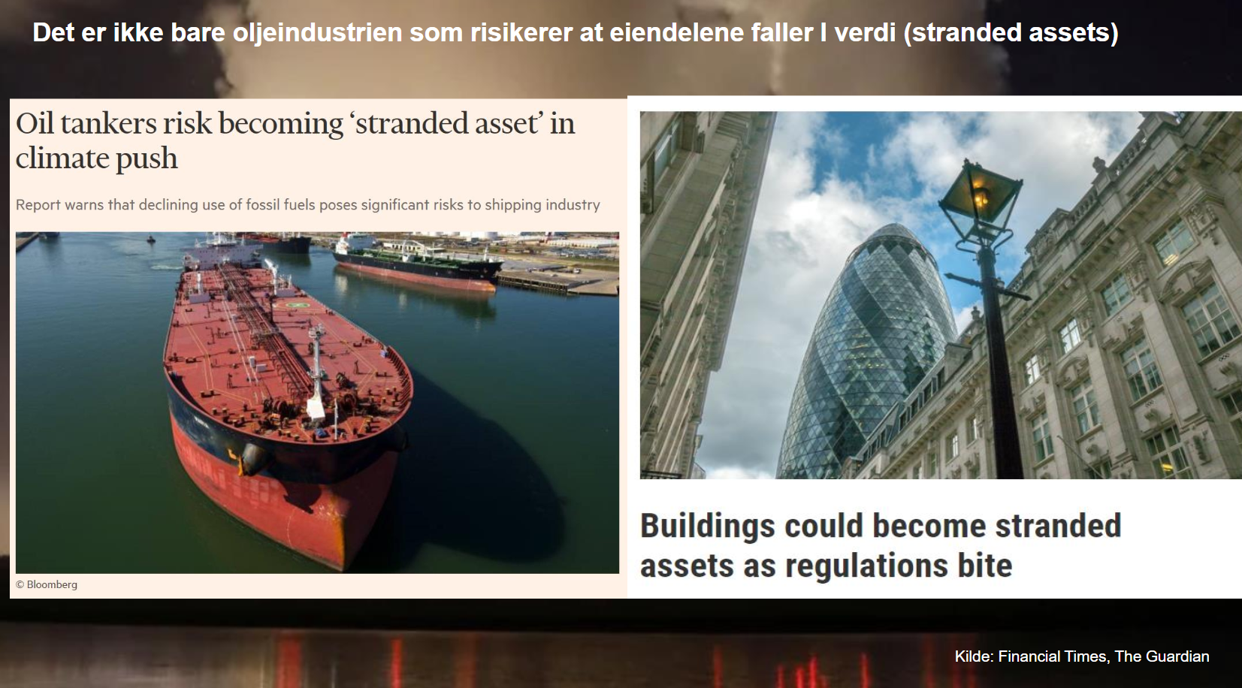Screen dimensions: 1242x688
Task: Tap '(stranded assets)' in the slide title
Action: pos(1011,33)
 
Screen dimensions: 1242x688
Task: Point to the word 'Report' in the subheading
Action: pos(38,205)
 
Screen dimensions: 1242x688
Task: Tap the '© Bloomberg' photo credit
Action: pos(47,584)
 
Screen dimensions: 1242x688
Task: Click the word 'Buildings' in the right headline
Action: pos(708,526)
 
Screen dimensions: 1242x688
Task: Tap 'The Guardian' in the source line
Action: pos(1162,656)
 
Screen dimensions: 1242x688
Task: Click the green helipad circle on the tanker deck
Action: pos(299,305)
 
